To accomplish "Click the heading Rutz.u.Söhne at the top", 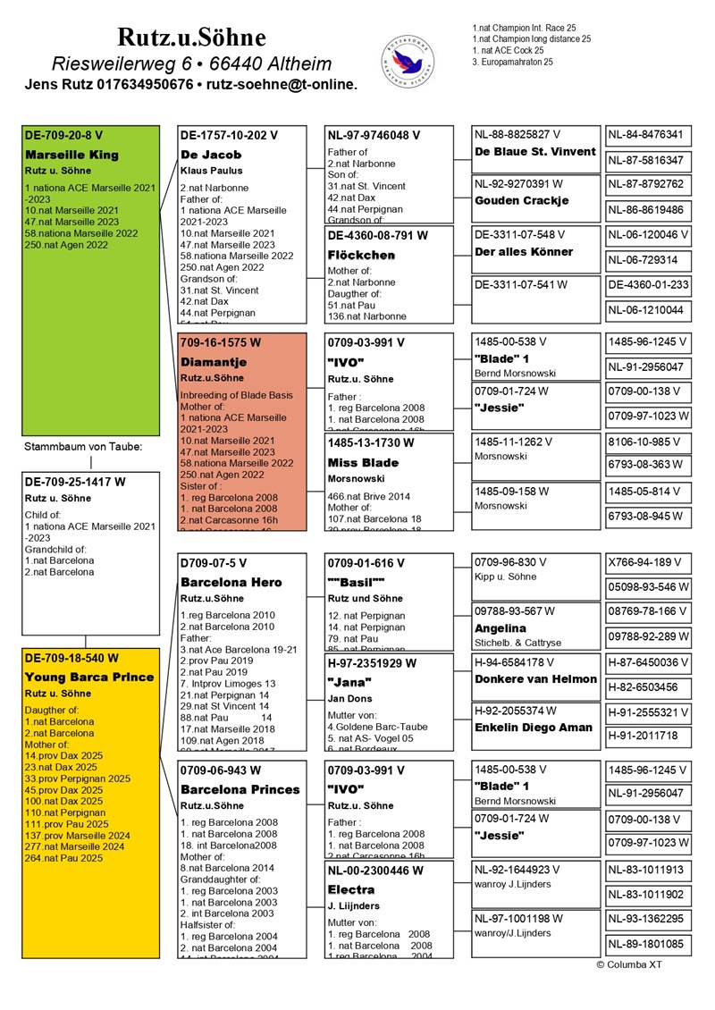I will click(x=191, y=38).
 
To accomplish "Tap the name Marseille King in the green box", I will click(x=71, y=155).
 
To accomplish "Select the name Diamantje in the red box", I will click(x=214, y=362).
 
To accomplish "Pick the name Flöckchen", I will click(x=362, y=255).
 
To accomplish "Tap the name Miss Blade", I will click(x=363, y=463).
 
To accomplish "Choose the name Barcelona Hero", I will click(x=231, y=582).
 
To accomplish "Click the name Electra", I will click(x=351, y=890).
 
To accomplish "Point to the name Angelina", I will click(x=500, y=628).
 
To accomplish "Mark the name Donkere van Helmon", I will click(x=535, y=679).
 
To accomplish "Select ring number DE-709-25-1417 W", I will click(x=75, y=482).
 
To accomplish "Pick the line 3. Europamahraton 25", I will click(x=512, y=63).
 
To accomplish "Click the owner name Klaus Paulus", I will click(x=212, y=170).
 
